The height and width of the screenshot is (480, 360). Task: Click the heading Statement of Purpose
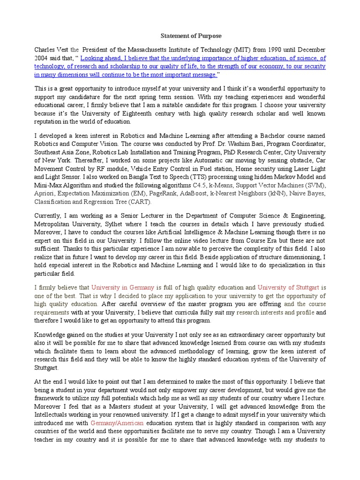(x=191, y=36)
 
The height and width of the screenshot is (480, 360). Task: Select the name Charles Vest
(x=51, y=50)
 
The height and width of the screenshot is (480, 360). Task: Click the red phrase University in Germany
(x=122, y=288)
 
